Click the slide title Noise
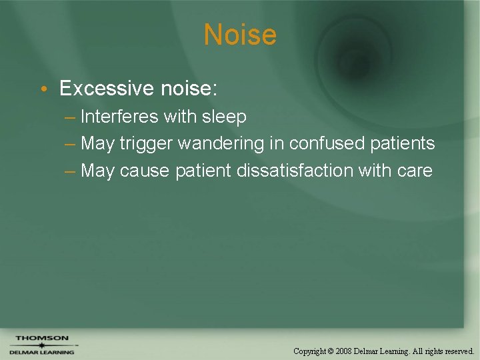click(x=240, y=35)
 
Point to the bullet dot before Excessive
click(x=43, y=89)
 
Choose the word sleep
click(x=225, y=117)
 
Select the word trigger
click(x=146, y=143)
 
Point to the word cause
click(x=145, y=171)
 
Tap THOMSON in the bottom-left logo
click(x=42, y=338)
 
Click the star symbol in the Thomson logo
click(x=42, y=345)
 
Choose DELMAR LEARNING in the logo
click(x=42, y=352)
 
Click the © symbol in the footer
click(x=331, y=351)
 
